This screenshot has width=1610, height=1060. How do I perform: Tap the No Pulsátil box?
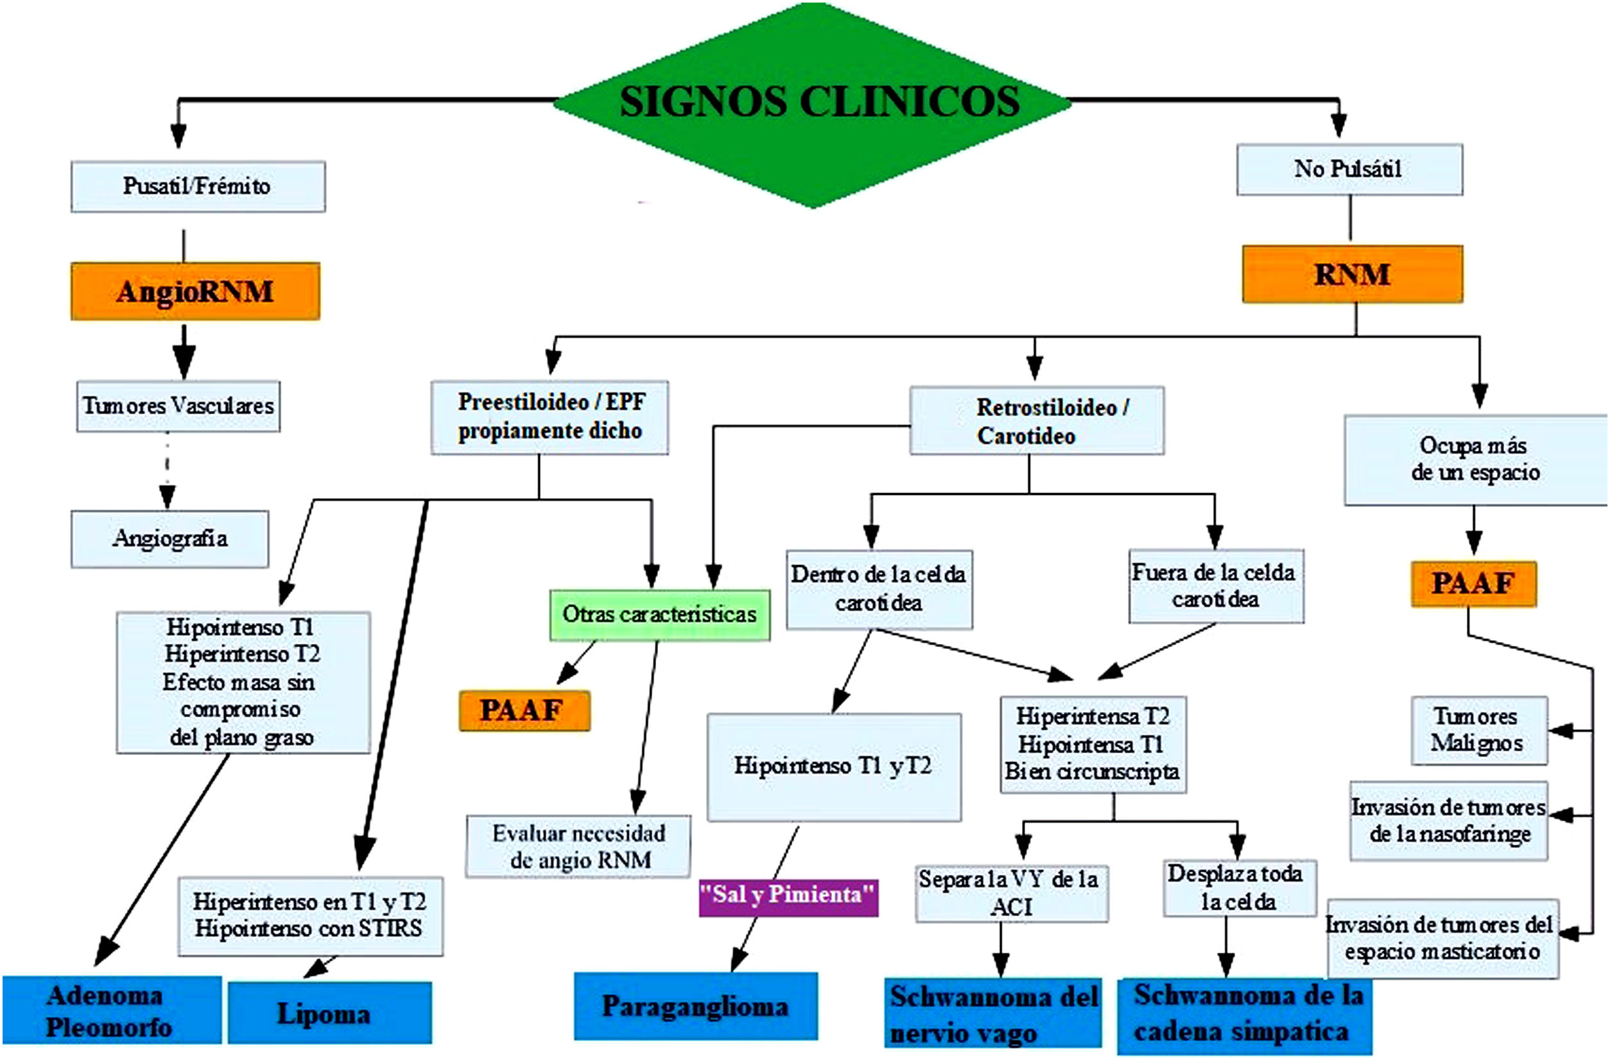pyautogui.click(x=1349, y=169)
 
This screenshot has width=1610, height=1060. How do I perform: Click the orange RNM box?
pyautogui.click(x=1351, y=275)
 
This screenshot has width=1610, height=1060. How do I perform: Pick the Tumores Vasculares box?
pyautogui.click(x=178, y=406)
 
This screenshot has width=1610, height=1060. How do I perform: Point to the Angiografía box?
pyautogui.click(x=169, y=539)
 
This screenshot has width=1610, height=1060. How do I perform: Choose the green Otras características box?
pyautogui.click(x=659, y=615)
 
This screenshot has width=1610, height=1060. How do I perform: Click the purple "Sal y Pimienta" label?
pyautogui.click(x=788, y=897)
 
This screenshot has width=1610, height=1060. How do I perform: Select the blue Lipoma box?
pyautogui.click(x=329, y=1013)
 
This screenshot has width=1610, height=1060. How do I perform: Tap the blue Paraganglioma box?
pyautogui.click(x=695, y=1007)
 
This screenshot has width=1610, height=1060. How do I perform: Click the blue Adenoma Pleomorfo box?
pyautogui.click(x=111, y=1011)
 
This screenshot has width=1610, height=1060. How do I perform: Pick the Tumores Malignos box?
pyautogui.click(x=1479, y=731)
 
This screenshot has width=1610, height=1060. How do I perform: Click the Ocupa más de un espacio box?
pyautogui.click(x=1475, y=460)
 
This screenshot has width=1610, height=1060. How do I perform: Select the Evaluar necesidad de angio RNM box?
pyautogui.click(x=578, y=847)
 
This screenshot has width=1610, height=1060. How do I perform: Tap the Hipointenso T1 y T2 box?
pyautogui.click(x=833, y=767)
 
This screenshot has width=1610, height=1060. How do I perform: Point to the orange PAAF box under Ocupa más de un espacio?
pyautogui.click(x=1473, y=584)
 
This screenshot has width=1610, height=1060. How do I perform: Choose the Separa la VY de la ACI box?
pyautogui.click(x=1011, y=893)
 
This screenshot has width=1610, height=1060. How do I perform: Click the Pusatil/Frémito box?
pyautogui.click(x=198, y=186)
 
